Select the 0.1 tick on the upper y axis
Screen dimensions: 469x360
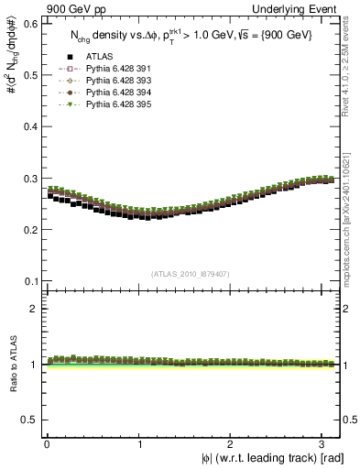(28, 280)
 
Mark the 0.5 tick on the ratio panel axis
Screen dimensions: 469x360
(28, 420)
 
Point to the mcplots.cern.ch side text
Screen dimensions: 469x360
(353, 206)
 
